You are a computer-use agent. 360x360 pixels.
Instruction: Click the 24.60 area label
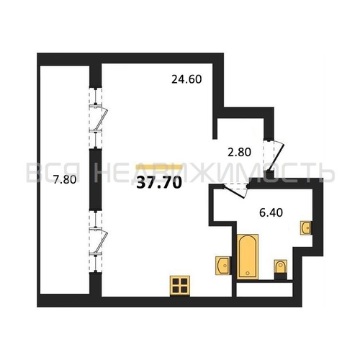point(186,79)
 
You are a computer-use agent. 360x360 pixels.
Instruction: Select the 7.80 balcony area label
point(65,179)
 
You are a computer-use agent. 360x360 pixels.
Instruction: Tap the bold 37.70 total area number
point(159,184)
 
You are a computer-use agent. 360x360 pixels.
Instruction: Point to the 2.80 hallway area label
point(239,152)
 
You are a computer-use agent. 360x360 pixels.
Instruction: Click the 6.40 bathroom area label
point(271,212)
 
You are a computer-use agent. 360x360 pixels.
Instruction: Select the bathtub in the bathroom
point(248,256)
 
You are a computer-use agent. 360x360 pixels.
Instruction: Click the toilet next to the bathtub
point(281,266)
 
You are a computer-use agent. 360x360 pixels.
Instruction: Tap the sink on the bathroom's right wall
point(306,228)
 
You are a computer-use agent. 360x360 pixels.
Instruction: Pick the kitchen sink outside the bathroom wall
point(223,266)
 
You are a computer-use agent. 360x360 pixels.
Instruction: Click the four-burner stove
point(180,286)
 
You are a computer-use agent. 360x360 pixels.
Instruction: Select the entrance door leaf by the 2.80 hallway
point(277,157)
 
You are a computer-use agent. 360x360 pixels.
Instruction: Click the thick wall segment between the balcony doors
point(96,179)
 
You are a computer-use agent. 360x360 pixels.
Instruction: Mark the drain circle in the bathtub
point(248,273)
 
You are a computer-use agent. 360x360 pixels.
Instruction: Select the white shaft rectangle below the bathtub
point(264,289)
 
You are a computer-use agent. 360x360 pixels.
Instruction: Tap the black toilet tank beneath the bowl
point(281,276)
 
